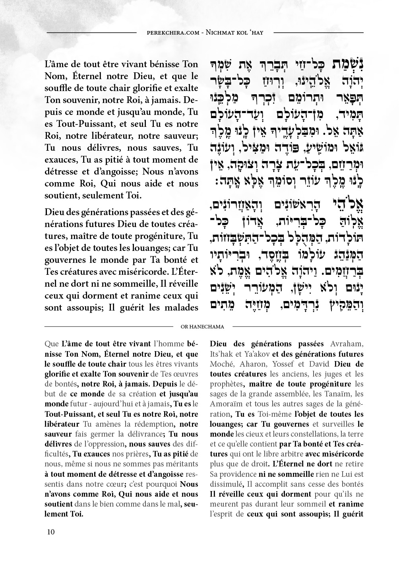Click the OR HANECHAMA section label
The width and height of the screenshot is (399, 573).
tap(202, 327)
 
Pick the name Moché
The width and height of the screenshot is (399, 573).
tap(220, 364)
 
